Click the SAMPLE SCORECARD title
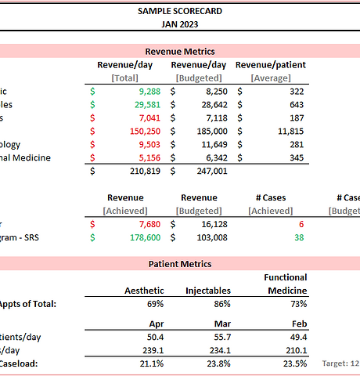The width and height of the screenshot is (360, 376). click(x=180, y=11)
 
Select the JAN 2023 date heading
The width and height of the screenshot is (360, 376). click(x=180, y=24)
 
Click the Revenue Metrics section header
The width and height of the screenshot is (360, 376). click(x=180, y=51)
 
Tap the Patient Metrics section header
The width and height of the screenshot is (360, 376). click(x=180, y=264)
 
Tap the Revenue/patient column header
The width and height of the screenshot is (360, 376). click(x=270, y=64)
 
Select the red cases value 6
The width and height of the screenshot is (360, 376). click(x=301, y=224)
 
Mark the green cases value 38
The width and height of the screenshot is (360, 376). click(x=298, y=237)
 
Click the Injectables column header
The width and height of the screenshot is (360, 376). click(x=207, y=291)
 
